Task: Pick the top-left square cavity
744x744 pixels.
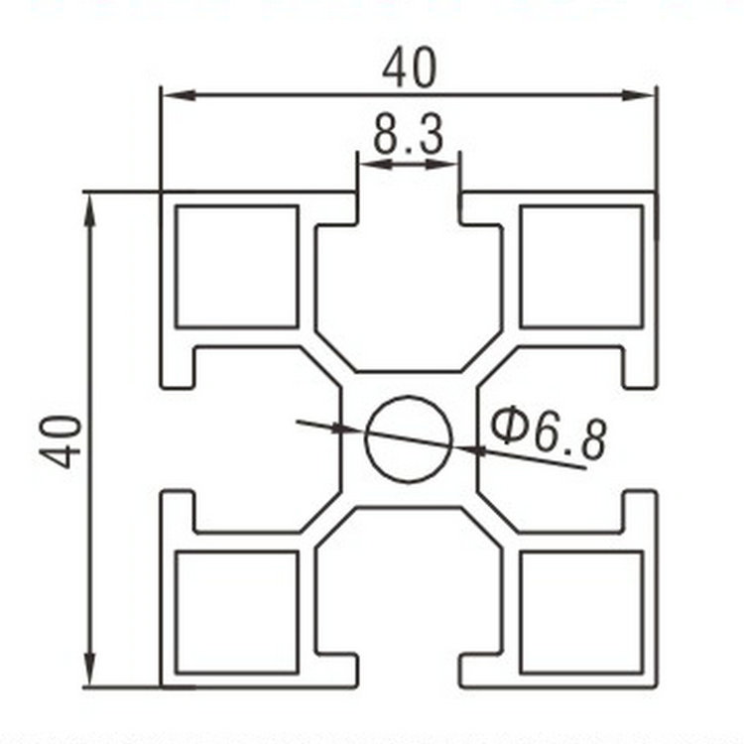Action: click(237, 266)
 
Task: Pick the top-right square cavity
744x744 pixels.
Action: click(581, 266)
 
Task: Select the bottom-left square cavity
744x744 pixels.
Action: click(237, 612)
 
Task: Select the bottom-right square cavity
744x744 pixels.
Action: click(581, 612)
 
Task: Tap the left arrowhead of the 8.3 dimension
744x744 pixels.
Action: click(370, 162)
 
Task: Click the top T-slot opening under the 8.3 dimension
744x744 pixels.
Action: click(409, 208)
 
